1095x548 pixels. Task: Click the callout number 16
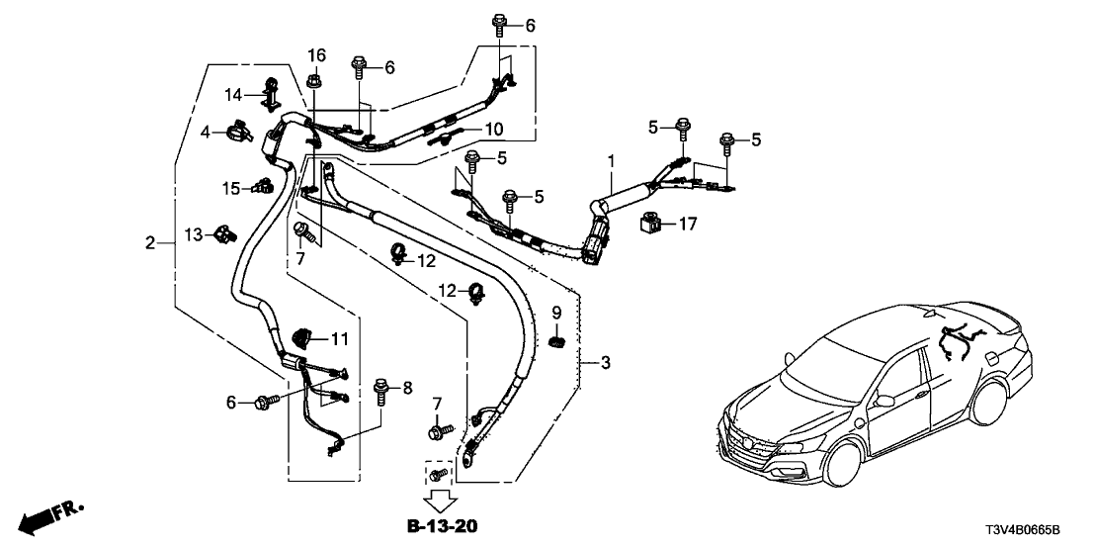click(316, 54)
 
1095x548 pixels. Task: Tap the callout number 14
click(233, 95)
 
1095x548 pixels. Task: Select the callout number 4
click(206, 132)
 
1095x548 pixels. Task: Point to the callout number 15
click(203, 188)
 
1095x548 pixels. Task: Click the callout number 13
click(193, 234)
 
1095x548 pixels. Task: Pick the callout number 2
click(150, 242)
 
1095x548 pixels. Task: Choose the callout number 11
click(340, 339)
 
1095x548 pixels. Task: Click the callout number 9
click(556, 314)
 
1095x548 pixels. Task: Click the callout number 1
click(611, 159)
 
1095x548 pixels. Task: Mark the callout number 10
click(493, 130)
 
